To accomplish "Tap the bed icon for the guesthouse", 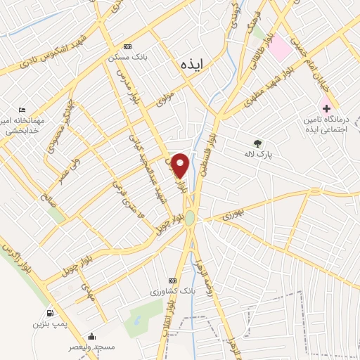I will pyautogui.click(x=22, y=110).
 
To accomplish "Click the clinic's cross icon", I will pyautogui.click(x=326, y=108).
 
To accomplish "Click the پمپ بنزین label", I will pyautogui.click(x=49, y=324).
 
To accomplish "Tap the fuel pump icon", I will pyautogui.click(x=49, y=313).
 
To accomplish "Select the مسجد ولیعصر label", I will pyautogui.click(x=92, y=347).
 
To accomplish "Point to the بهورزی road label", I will pyautogui.click(x=233, y=212).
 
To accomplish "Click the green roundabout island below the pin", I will pyautogui.click(x=190, y=218).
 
